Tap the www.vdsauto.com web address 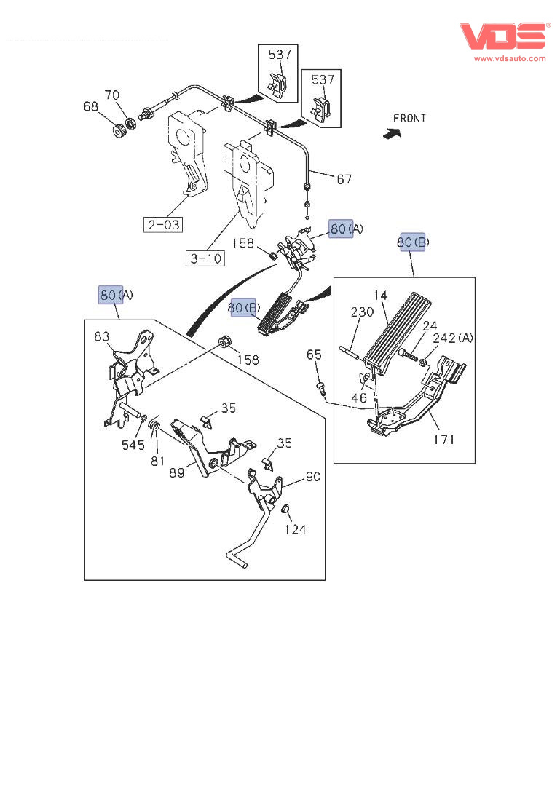510,58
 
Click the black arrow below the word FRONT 393,132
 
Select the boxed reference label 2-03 163,224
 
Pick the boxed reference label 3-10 206,258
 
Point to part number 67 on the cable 344,178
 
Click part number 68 90,107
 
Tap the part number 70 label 111,95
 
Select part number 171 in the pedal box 444,439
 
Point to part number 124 296,529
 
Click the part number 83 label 101,336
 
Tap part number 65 313,355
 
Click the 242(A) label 453,338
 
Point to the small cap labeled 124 285,507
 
